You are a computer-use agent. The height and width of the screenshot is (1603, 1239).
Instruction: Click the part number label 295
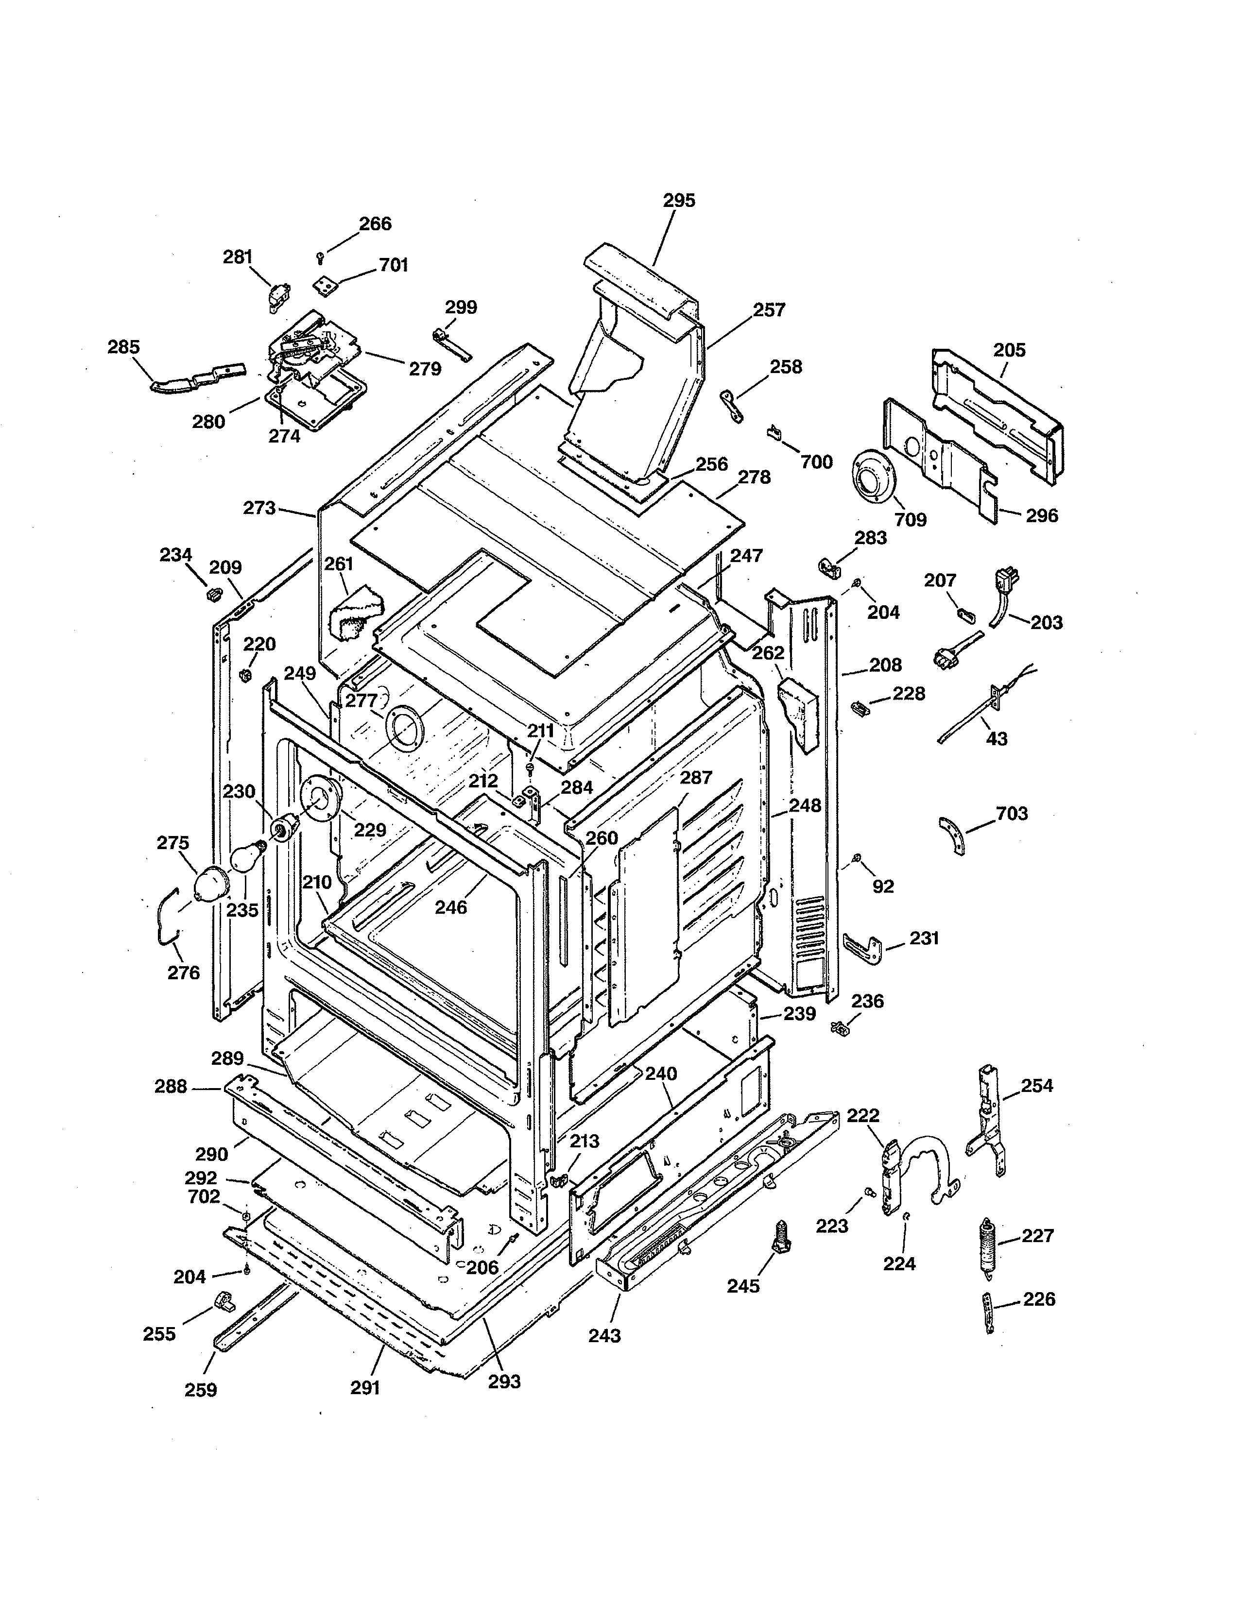tap(679, 200)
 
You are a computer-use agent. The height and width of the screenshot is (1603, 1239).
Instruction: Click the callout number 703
tap(1012, 813)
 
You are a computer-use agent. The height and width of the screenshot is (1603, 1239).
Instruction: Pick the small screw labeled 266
tap(321, 256)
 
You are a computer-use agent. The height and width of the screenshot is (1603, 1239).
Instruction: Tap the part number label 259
tap(200, 1389)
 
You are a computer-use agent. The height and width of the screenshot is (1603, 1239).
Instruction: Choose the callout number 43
tap(996, 738)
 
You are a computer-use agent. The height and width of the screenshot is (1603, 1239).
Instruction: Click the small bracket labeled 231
tap(863, 947)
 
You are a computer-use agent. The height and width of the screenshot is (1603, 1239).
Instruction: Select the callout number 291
tap(365, 1387)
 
